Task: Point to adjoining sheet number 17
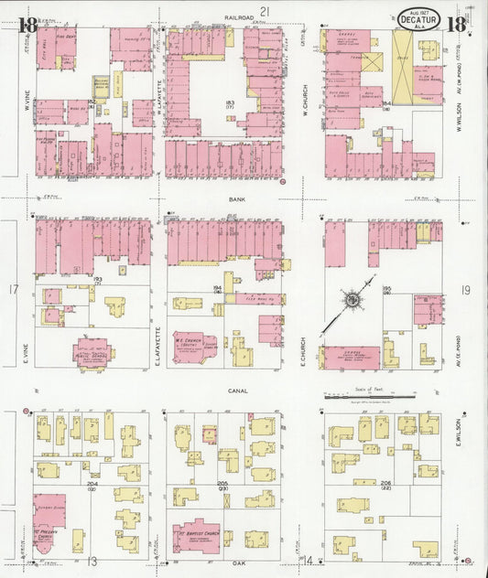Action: pyautogui.click(x=14, y=291)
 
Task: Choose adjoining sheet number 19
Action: pyautogui.click(x=466, y=291)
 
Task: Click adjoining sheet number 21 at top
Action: pyautogui.click(x=265, y=10)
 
